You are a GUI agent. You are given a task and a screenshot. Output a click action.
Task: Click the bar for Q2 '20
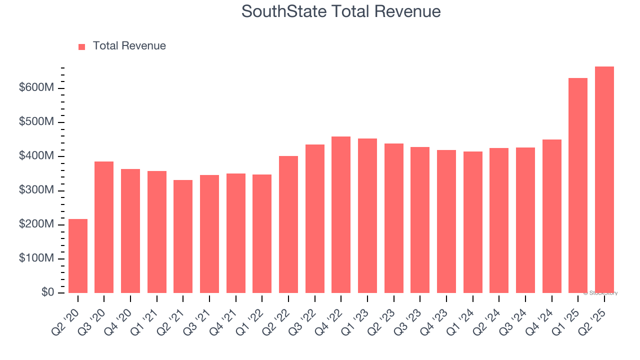click(x=78, y=256)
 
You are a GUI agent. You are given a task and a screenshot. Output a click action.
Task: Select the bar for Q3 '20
click(x=104, y=227)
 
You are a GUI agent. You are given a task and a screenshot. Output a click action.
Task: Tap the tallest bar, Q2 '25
click(x=604, y=180)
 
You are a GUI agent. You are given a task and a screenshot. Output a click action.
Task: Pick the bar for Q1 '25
click(x=578, y=185)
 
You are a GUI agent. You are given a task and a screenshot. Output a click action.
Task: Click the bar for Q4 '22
click(x=341, y=215)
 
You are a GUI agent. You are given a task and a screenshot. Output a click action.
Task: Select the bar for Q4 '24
click(x=552, y=216)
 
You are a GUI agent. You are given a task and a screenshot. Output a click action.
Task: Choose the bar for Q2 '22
click(x=288, y=224)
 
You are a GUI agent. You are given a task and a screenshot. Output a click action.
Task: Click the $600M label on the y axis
click(x=36, y=88)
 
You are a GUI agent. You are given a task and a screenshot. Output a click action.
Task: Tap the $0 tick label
click(x=47, y=292)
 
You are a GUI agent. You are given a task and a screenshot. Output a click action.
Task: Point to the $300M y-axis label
click(x=36, y=190)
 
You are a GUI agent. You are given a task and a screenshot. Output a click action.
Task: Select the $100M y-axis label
click(x=36, y=258)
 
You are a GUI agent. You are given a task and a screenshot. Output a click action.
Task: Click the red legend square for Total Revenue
click(x=82, y=46)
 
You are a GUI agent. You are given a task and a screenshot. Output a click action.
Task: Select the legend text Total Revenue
click(x=129, y=46)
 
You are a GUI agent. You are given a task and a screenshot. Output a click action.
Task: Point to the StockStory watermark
click(x=600, y=293)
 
